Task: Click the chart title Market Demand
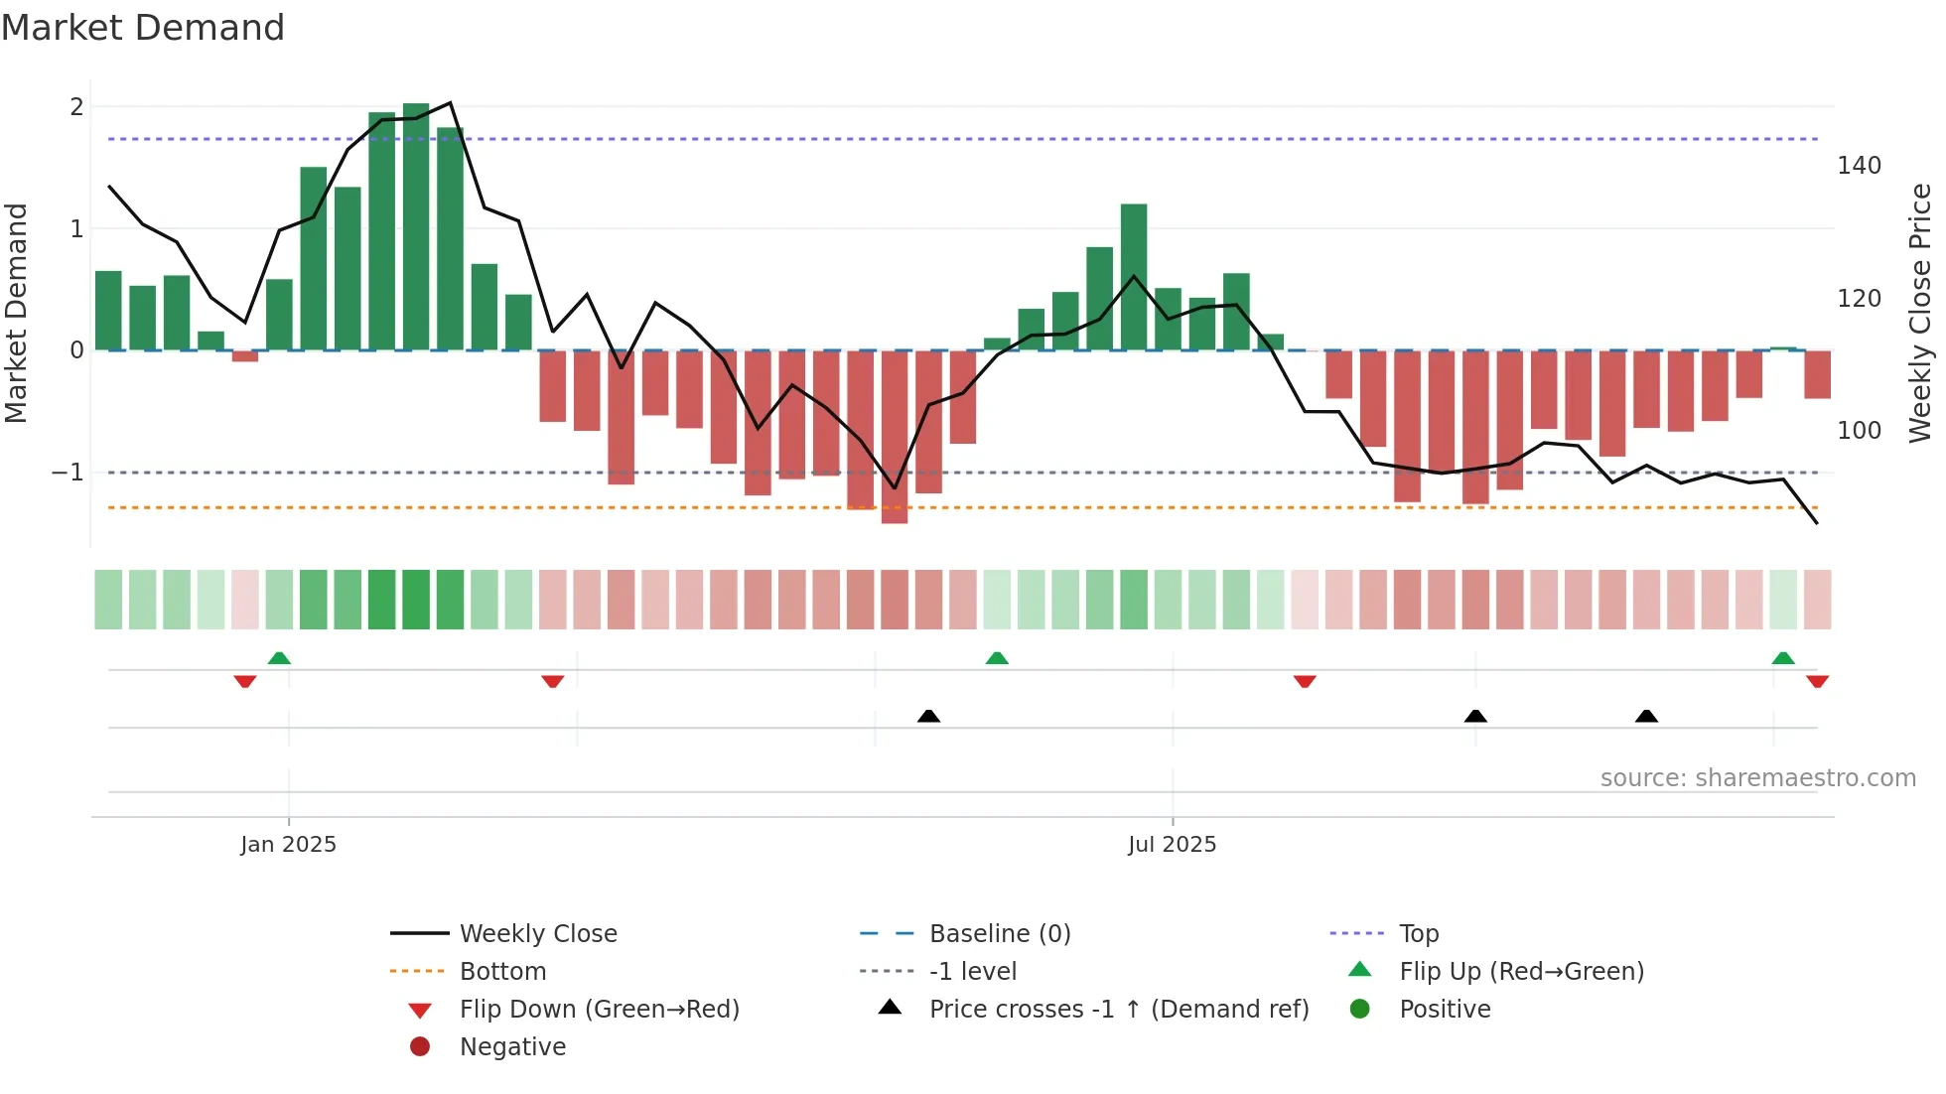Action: click(143, 28)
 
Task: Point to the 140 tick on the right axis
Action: click(1859, 166)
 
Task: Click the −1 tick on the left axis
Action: click(68, 473)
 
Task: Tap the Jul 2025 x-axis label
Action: click(1172, 845)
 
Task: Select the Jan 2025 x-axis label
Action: click(288, 845)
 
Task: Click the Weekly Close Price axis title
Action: click(1920, 313)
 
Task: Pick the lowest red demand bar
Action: click(895, 437)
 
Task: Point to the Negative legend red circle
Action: click(420, 1047)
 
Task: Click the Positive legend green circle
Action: click(1360, 1010)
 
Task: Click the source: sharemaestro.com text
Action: click(1757, 778)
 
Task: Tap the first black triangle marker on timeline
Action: click(928, 717)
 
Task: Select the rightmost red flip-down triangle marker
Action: click(1817, 682)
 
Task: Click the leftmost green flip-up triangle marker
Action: click(279, 658)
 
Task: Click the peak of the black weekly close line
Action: click(451, 103)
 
